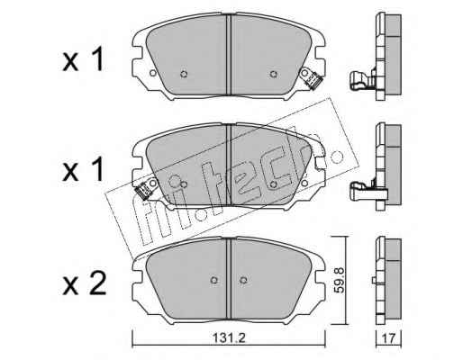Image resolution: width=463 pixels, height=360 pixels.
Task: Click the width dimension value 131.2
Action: [229, 338]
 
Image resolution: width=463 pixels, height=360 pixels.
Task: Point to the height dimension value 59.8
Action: [340, 280]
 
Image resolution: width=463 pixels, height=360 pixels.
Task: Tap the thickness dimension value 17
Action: [389, 339]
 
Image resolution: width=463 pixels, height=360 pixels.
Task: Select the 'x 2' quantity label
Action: [85, 283]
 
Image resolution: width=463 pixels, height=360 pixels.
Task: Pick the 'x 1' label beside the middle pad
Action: [83, 170]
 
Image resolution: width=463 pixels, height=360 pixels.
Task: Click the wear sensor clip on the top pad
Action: [313, 79]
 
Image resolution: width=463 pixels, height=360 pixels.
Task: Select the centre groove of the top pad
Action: [229, 55]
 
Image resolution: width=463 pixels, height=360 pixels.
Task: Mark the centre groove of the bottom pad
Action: [229, 278]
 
